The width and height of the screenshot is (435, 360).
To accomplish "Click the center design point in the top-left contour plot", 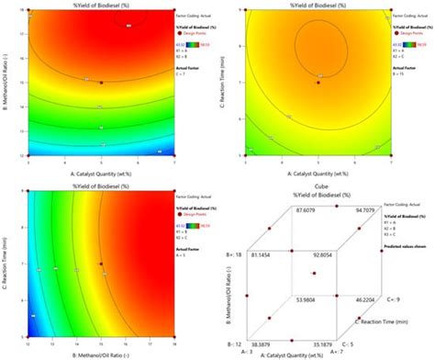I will click(101, 83).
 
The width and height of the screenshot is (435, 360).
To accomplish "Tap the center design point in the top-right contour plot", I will click(317, 83).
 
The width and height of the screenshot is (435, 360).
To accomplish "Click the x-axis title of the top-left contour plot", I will click(101, 170).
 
